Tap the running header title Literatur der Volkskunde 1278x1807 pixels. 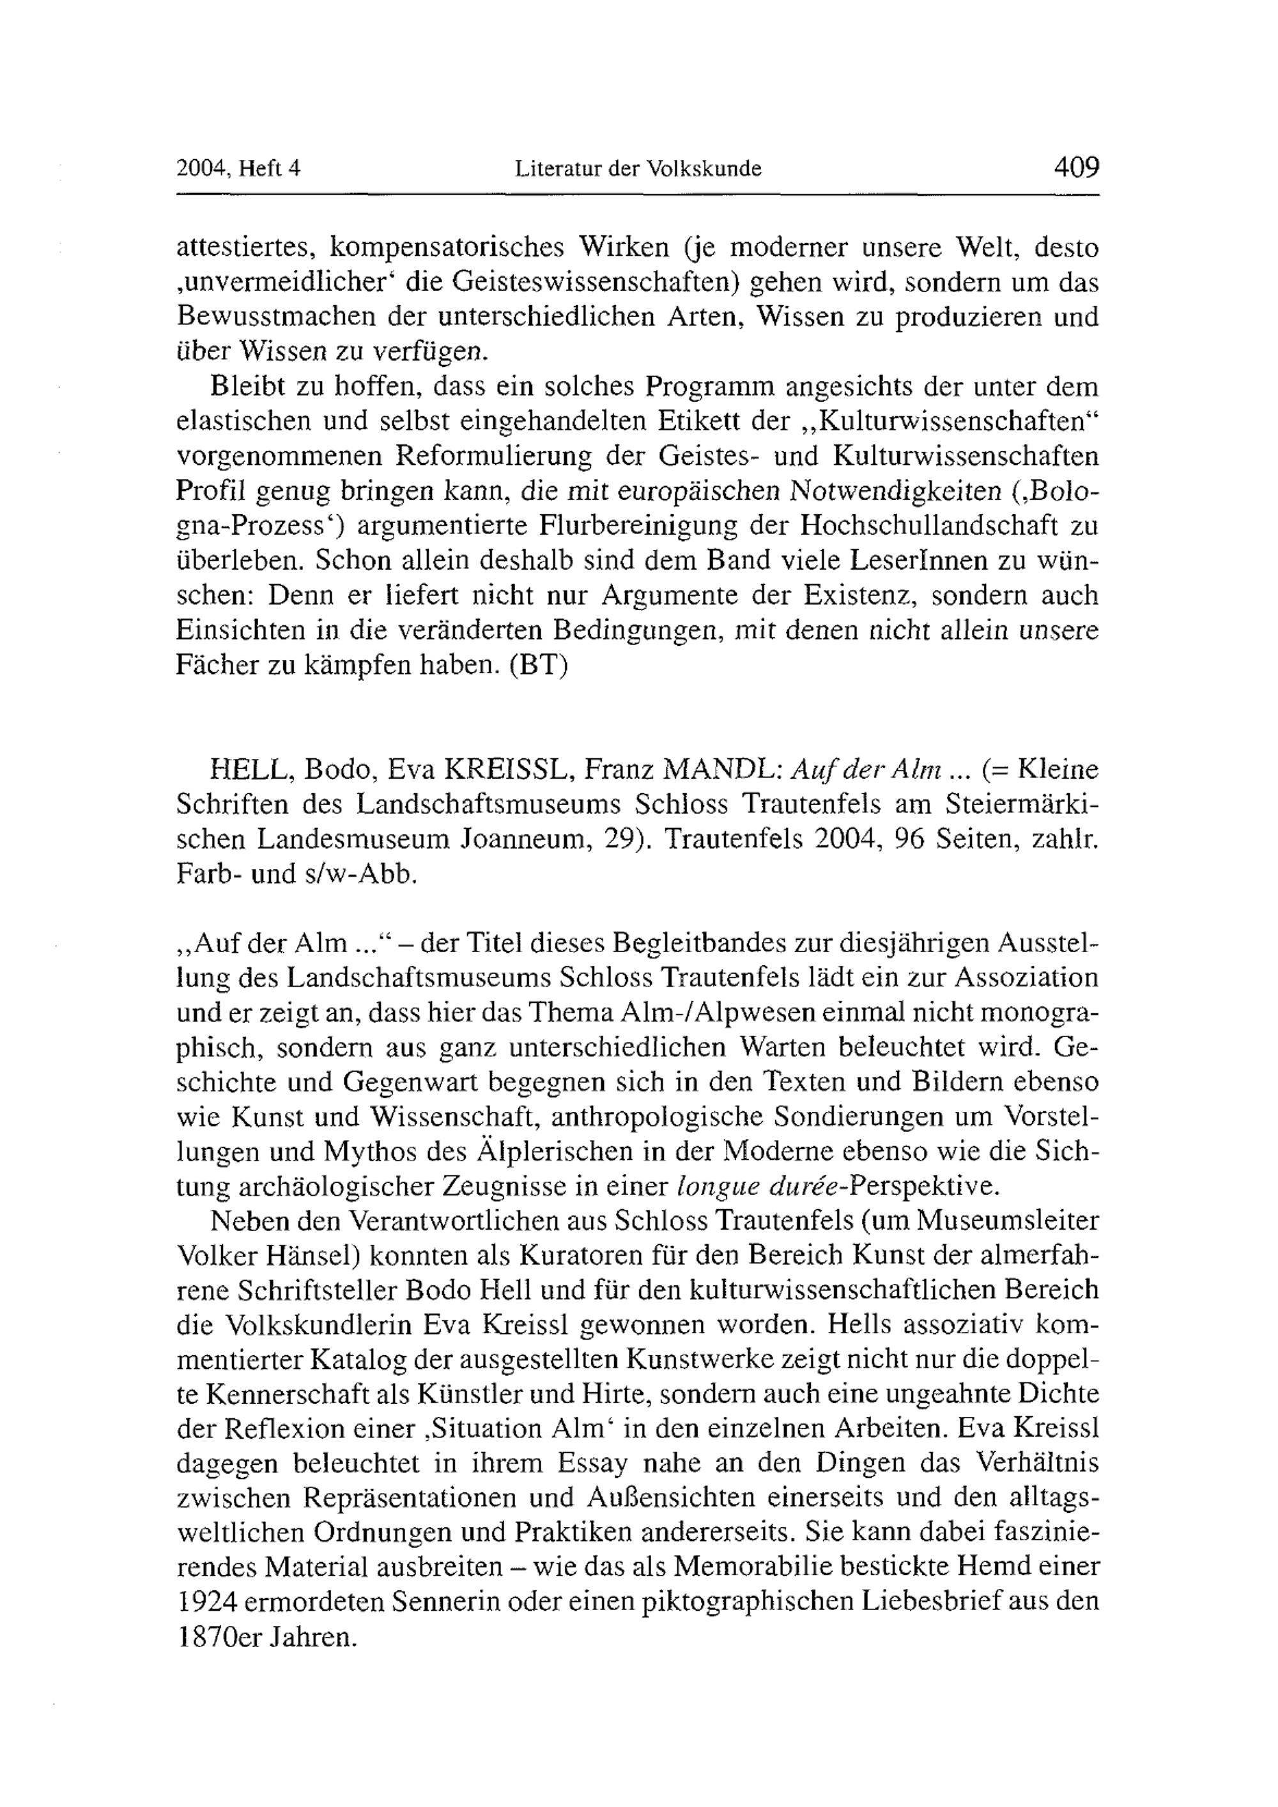[x=638, y=169]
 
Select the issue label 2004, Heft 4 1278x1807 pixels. [x=239, y=169]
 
